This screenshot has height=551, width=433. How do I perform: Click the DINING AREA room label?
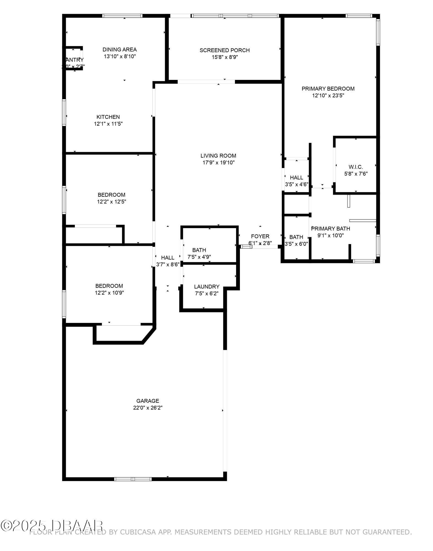(120, 50)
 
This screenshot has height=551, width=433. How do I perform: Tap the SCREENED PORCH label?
(224, 50)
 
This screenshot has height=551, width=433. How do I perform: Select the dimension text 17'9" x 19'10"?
(218, 163)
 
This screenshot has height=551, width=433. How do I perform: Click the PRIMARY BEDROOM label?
(328, 89)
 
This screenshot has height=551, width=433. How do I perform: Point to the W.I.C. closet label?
(356, 167)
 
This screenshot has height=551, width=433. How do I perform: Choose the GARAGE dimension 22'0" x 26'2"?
(148, 408)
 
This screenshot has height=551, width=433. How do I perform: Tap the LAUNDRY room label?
(207, 287)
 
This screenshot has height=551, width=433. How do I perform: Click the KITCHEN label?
(108, 117)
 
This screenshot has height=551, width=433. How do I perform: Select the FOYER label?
(260, 236)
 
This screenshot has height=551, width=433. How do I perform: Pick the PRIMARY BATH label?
(331, 229)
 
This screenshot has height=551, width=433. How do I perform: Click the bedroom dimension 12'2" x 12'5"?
(111, 202)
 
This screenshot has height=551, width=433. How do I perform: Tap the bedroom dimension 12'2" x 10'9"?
(109, 293)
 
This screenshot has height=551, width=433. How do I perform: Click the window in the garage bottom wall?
(133, 479)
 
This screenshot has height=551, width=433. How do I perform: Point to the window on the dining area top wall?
(122, 16)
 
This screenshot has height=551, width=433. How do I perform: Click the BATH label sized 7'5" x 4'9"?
(199, 250)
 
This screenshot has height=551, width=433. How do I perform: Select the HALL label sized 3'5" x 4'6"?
(296, 178)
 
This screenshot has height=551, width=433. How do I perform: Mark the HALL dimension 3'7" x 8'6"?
(167, 264)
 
